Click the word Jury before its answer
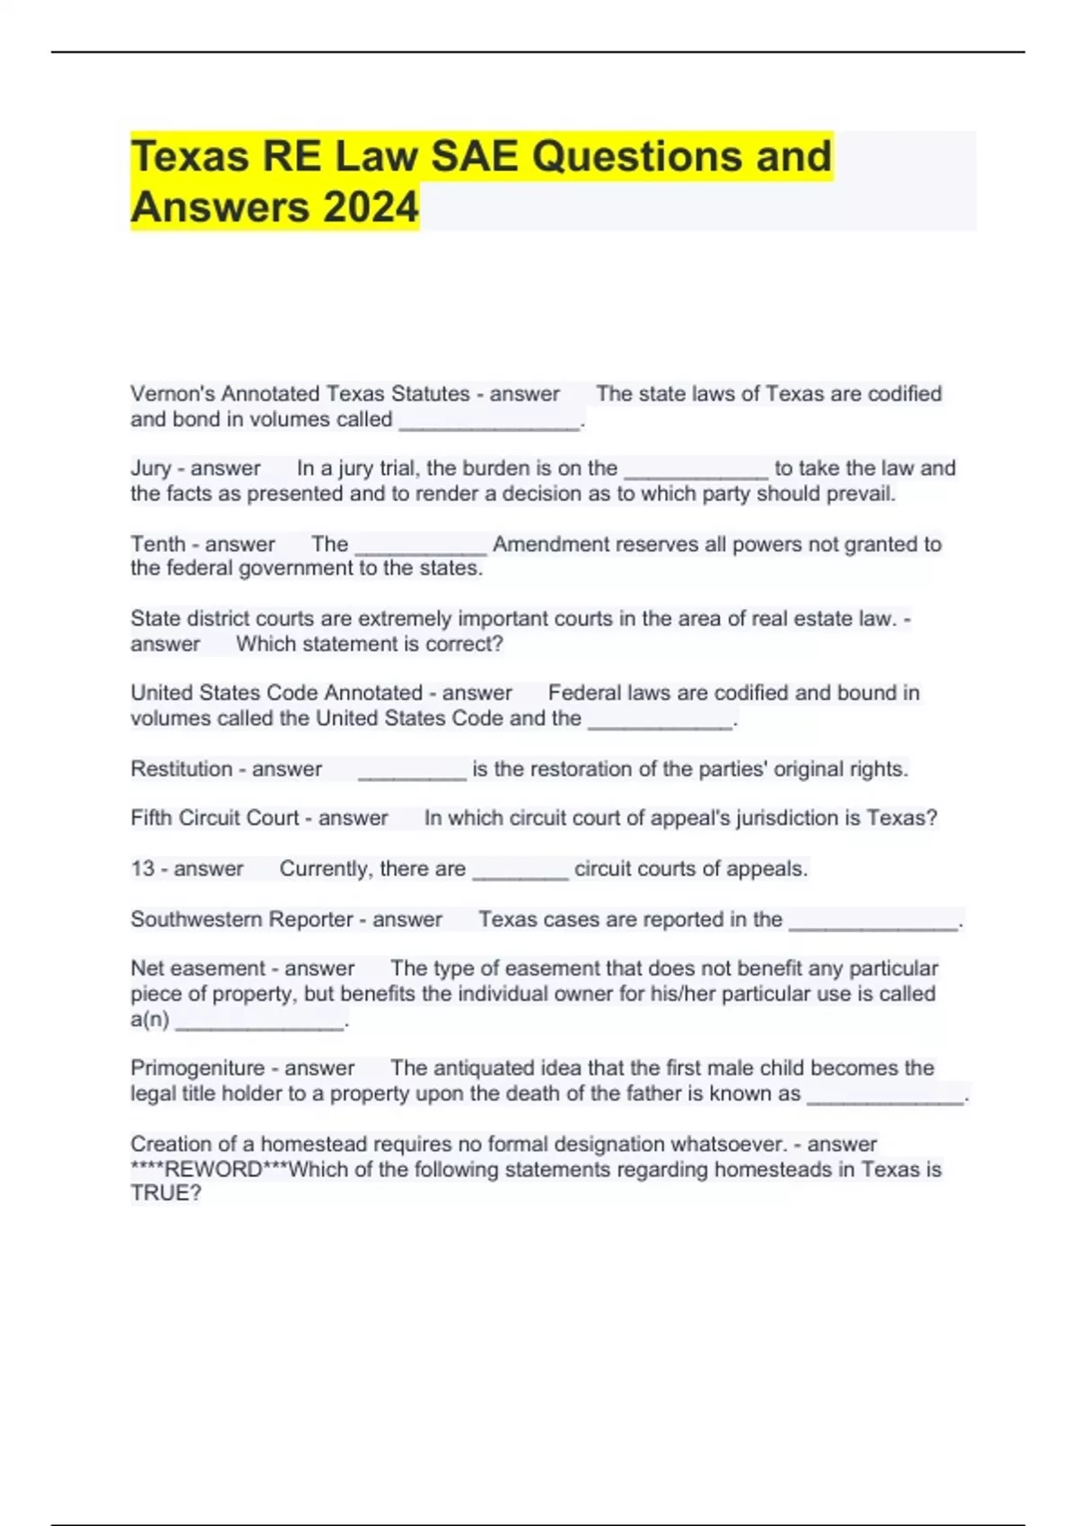pos(151,468)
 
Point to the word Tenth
pos(157,544)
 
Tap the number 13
pos(143,868)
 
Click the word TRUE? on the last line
pos(166,1193)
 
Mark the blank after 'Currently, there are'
pos(520,871)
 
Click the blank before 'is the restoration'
pos(412,771)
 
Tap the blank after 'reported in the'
pos(873,922)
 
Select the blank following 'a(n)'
pos(259,1022)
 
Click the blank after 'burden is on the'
pos(696,470)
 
